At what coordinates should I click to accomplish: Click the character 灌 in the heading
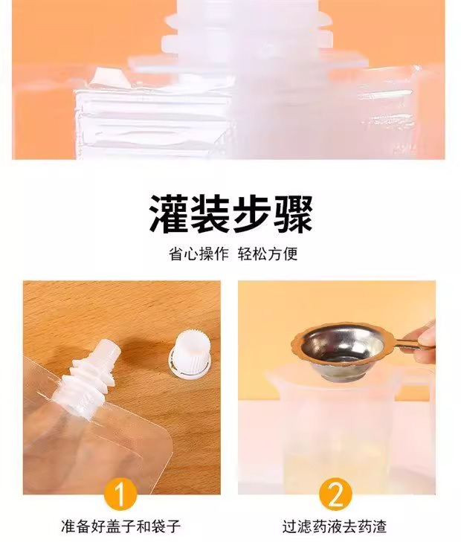click(170, 213)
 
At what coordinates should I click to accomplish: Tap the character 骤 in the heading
click(293, 213)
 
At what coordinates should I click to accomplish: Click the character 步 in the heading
click(252, 213)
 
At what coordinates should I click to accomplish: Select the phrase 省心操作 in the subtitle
click(199, 254)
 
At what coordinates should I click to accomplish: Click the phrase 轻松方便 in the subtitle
click(268, 254)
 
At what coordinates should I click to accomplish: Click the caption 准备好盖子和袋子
click(120, 527)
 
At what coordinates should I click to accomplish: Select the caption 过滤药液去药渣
click(334, 527)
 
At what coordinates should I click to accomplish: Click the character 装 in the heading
click(210, 213)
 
